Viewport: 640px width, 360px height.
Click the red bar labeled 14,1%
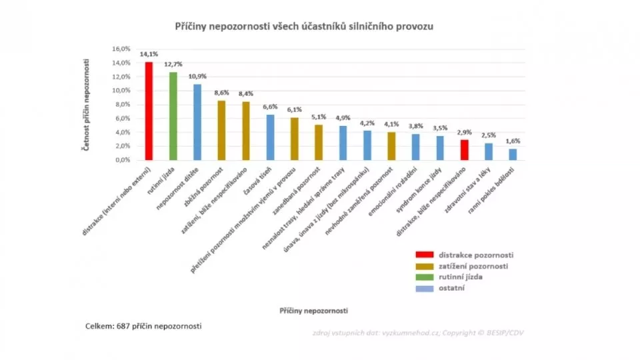(x=149, y=111)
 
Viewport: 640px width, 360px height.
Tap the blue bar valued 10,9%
(x=197, y=122)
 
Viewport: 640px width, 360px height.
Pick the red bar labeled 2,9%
(x=465, y=150)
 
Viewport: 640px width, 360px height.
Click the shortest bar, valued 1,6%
(x=513, y=154)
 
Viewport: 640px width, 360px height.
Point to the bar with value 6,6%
(x=270, y=137)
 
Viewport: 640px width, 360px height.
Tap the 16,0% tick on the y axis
(x=120, y=49)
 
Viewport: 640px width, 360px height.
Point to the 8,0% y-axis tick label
(x=121, y=105)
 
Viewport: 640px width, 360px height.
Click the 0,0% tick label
(x=121, y=160)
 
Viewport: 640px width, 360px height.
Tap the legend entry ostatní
(x=451, y=287)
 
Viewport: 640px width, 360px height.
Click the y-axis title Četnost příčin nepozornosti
(x=87, y=104)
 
